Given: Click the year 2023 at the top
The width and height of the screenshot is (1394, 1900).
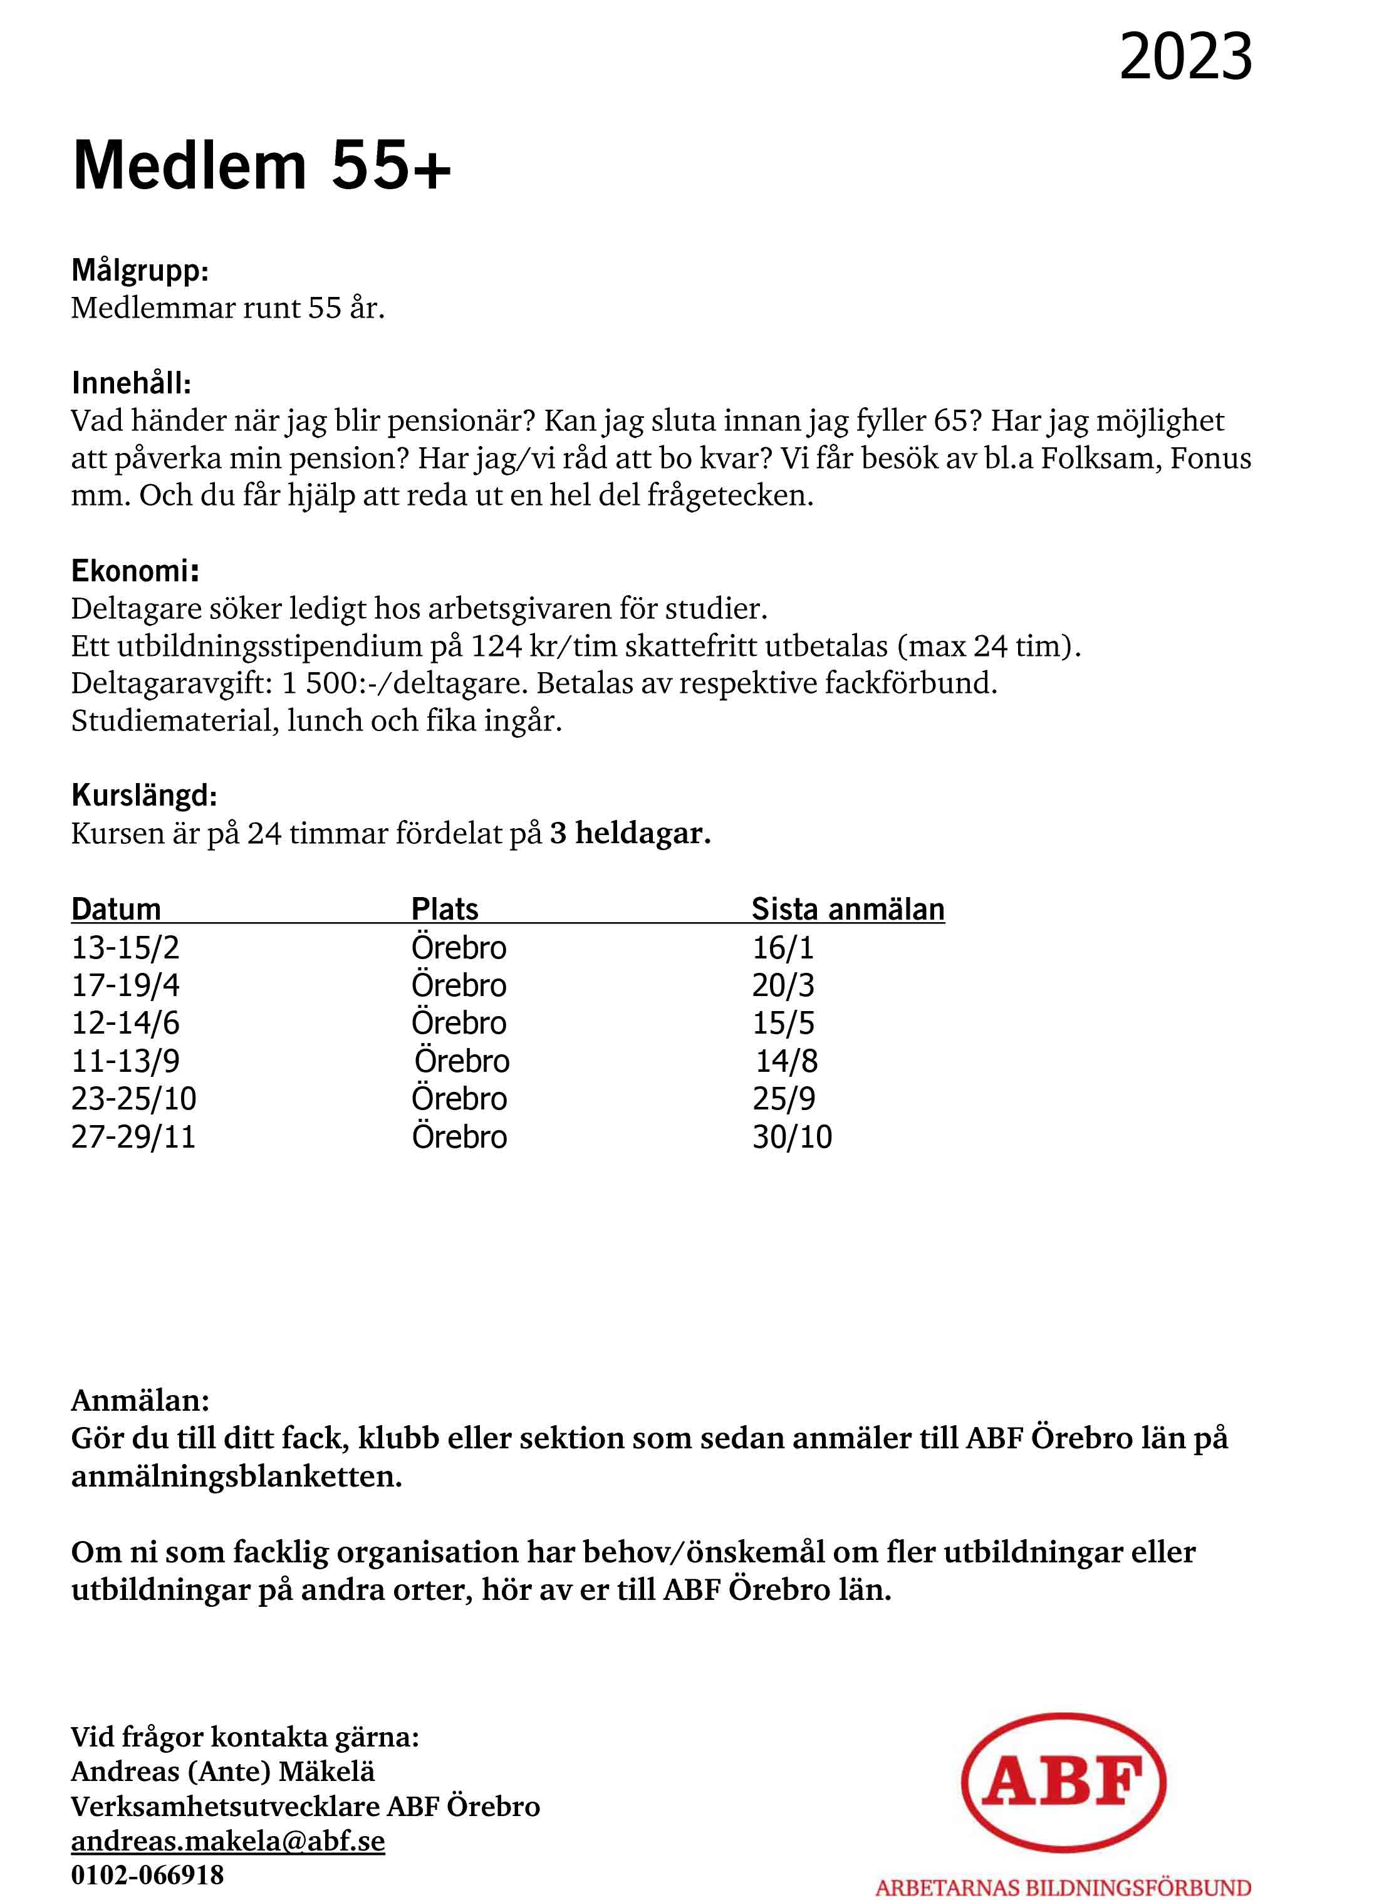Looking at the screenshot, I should pyautogui.click(x=1185, y=58).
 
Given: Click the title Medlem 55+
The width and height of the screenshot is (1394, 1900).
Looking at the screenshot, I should pyautogui.click(x=262, y=165).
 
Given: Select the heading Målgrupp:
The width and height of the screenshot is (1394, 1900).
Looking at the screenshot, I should pyautogui.click(x=140, y=271).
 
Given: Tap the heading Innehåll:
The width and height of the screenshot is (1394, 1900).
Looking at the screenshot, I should pyautogui.click(x=132, y=383).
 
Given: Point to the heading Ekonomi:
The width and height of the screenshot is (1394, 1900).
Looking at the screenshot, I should pyautogui.click(x=135, y=571).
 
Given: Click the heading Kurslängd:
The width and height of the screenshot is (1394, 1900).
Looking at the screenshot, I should pyautogui.click(x=144, y=795).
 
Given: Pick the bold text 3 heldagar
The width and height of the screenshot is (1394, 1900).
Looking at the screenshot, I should pyautogui.click(x=630, y=834).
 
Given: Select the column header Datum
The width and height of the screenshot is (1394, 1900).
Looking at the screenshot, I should pyautogui.click(x=116, y=909).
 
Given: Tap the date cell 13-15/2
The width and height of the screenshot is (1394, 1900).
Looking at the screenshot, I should pyautogui.click(x=125, y=947).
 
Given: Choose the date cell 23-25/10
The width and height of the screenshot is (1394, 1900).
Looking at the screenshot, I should pyautogui.click(x=133, y=1099).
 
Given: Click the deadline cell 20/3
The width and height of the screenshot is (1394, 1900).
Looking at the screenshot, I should pyautogui.click(x=783, y=985).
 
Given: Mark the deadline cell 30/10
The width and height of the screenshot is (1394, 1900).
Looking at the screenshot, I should pyautogui.click(x=791, y=1136).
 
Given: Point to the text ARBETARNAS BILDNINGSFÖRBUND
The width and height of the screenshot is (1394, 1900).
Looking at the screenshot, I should pyautogui.click(x=1063, y=1887).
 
